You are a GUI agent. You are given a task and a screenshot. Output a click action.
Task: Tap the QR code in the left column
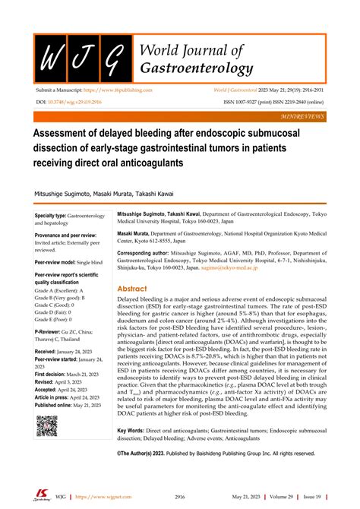[x=46, y=425]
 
